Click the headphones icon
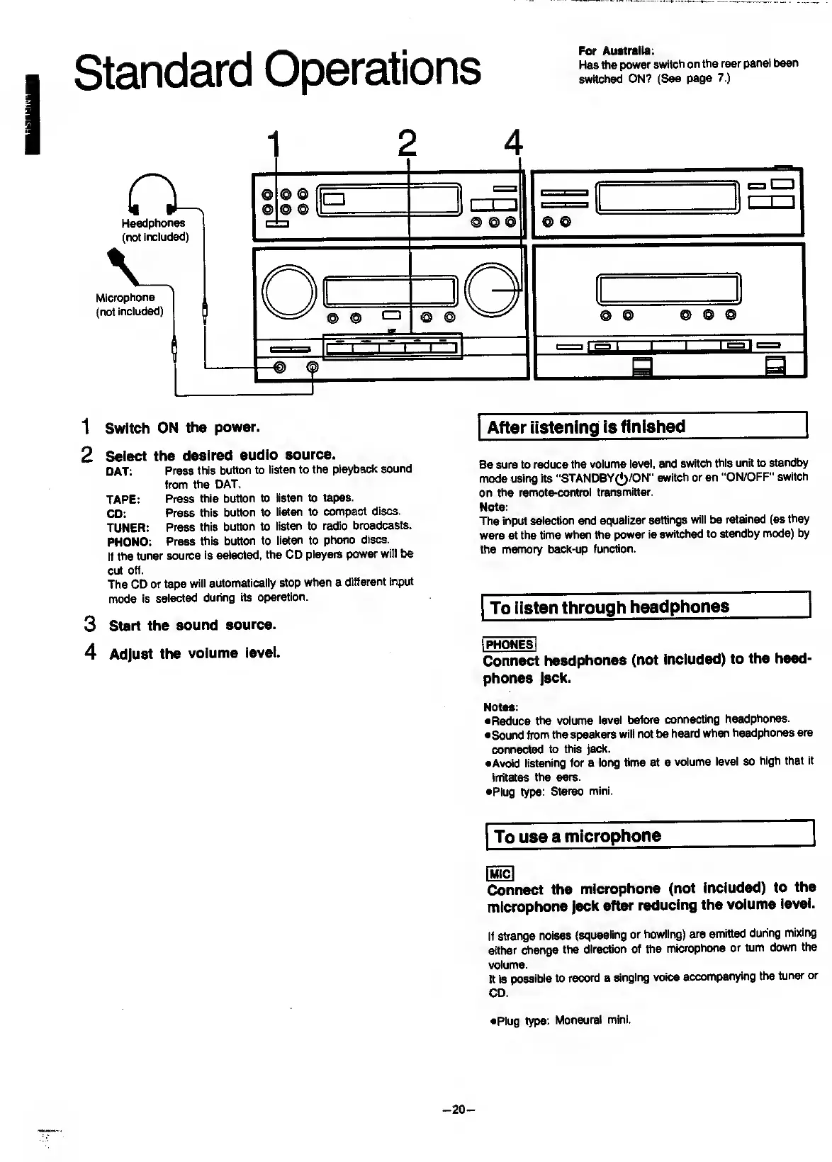pos(152,193)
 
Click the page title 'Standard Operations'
pos(277,69)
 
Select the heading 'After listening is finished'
pos(586,427)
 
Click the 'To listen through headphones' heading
pos(609,607)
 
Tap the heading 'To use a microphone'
pos(578,836)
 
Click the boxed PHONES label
pos(509,644)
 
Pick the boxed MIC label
pos(500,874)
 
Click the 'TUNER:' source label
pos(128,527)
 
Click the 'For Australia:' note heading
pos(616,50)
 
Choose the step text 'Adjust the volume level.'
pos(195,653)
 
